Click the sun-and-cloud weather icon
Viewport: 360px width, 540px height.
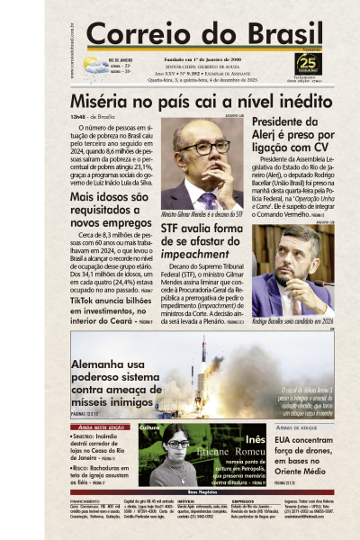tap(94, 65)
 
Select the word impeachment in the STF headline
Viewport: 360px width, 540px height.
tap(190, 255)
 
